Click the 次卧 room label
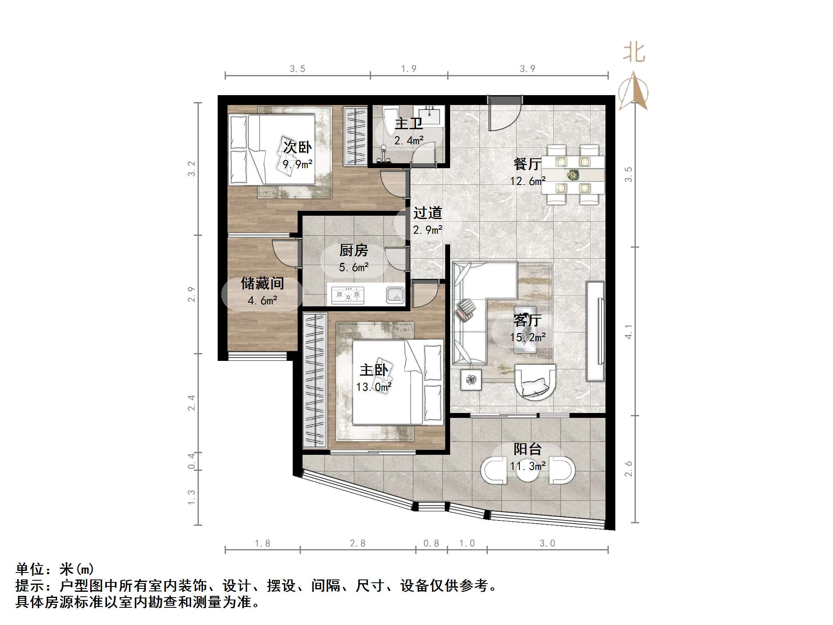(x=297, y=147)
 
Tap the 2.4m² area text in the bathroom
(x=409, y=141)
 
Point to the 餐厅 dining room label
(x=527, y=164)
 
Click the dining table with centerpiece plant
(x=573, y=175)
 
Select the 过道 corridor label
(x=428, y=213)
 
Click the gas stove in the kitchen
(x=348, y=294)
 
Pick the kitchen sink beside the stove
(x=395, y=295)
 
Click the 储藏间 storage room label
(x=262, y=283)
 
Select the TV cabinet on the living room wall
(x=595, y=331)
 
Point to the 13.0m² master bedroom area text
(x=373, y=387)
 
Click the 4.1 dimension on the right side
(x=628, y=331)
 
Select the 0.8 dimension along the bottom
(x=431, y=543)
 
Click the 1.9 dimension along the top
(x=408, y=69)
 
